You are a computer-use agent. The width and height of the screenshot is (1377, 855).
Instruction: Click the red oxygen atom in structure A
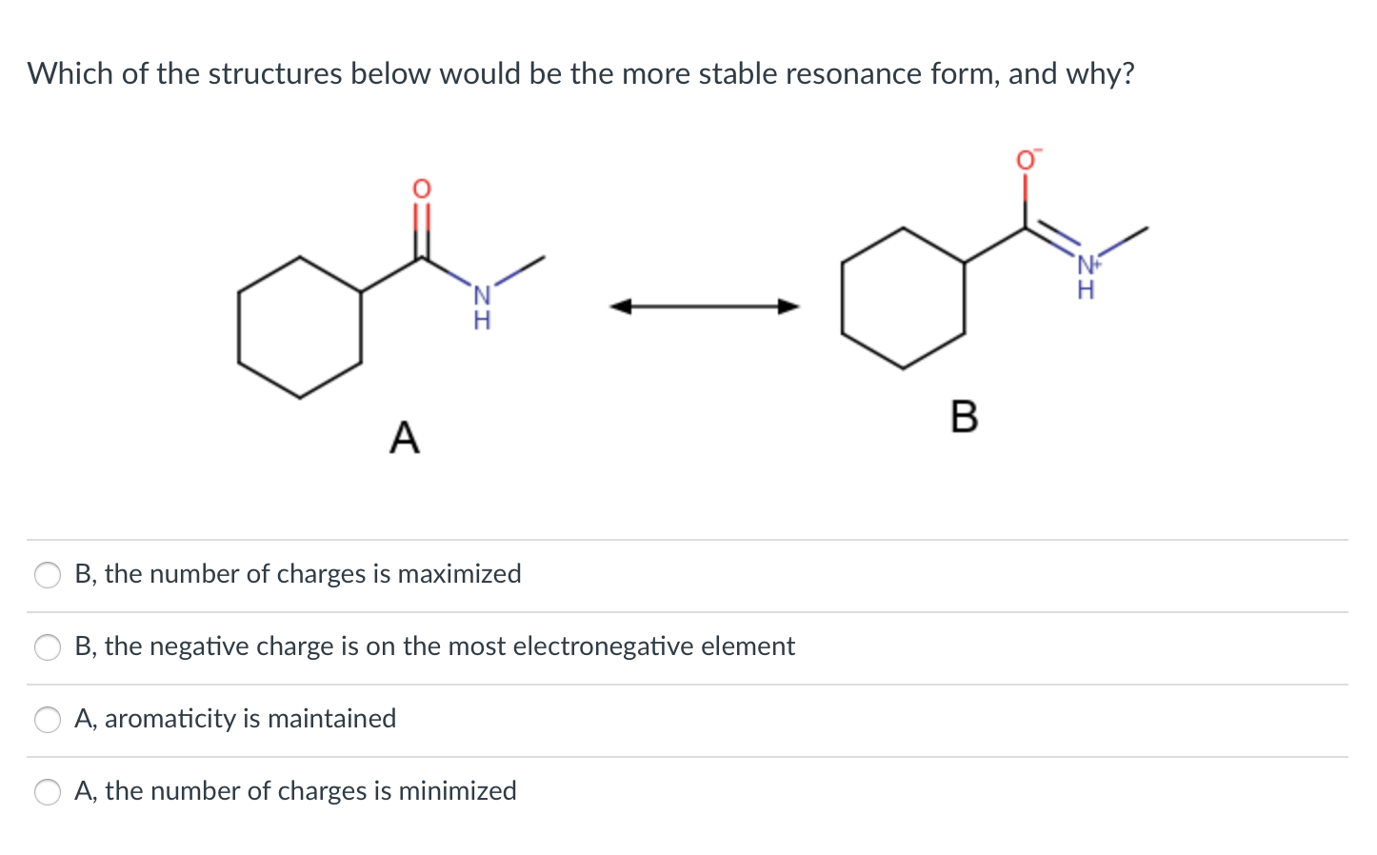coord(421,188)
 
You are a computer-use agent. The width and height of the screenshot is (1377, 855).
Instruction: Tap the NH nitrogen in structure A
coord(482,296)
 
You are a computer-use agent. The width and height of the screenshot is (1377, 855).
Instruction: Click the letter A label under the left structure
coord(405,437)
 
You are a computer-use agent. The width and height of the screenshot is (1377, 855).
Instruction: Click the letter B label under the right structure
coord(964,416)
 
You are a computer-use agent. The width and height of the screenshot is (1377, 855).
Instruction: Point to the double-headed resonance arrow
coord(705,306)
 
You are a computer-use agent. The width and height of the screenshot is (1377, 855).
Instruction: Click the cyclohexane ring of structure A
coord(299,327)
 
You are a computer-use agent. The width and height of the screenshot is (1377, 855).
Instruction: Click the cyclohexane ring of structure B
coord(903,298)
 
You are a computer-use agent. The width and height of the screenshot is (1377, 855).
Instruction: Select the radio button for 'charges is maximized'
coord(48,575)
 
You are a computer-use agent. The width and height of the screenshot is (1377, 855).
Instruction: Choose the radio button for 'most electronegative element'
coord(48,647)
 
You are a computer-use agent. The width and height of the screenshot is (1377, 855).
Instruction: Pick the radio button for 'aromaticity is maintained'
coord(48,720)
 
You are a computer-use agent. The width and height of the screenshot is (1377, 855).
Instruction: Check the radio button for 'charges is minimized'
coord(48,792)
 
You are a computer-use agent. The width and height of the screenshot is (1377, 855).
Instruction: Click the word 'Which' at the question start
coord(70,73)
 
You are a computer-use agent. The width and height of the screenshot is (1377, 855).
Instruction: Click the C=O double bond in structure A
coord(421,229)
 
